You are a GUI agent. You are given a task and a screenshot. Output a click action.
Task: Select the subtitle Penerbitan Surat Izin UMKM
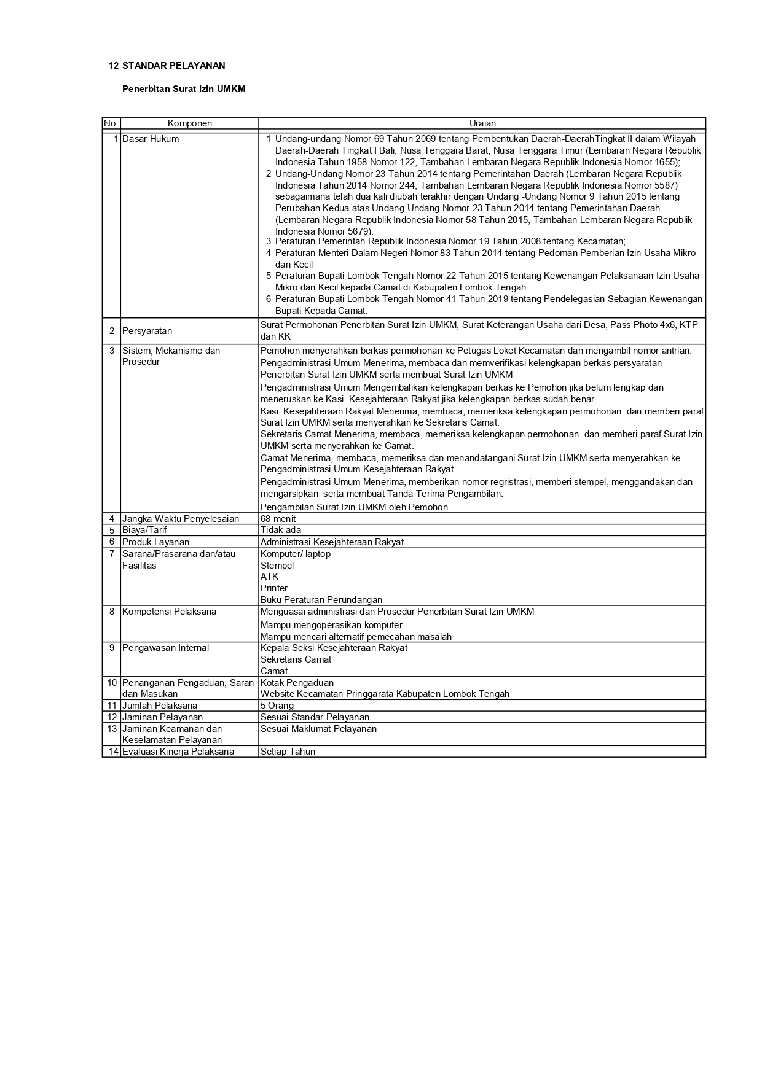183,89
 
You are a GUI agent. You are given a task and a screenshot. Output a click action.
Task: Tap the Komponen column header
189,123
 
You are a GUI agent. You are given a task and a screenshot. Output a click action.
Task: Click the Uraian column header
482,123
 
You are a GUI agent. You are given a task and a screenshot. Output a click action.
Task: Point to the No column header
110,123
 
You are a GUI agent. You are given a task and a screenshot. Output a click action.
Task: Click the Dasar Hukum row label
151,139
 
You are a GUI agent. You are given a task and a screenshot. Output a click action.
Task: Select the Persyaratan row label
147,331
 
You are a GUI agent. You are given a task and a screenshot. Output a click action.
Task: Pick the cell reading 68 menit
278,519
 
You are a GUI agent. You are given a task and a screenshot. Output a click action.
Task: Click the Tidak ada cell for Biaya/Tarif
280,530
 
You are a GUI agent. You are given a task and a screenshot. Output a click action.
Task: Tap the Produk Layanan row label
155,542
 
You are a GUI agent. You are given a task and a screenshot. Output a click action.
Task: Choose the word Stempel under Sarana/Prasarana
277,566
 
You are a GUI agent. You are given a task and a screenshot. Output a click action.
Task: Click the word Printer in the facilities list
274,588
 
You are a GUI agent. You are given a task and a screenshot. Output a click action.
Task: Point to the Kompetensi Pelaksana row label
169,612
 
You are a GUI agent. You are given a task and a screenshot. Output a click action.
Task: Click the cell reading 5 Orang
277,706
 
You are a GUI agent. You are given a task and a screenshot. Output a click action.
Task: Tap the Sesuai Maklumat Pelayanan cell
318,729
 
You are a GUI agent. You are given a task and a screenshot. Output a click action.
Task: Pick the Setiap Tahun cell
288,752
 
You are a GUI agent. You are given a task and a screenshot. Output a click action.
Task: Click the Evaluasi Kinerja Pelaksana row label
178,752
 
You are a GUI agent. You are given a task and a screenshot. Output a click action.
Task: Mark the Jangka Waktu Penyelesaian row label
180,519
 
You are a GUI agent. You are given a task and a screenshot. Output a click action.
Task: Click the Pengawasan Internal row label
165,648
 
